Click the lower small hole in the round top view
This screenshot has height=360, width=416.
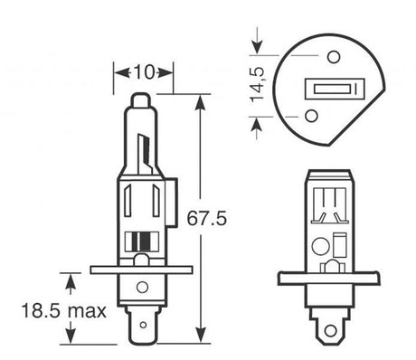pyautogui.click(x=311, y=116)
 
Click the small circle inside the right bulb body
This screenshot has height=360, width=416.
pyautogui.click(x=319, y=245)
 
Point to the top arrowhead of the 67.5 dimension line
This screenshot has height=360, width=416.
pyautogui.click(x=199, y=99)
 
